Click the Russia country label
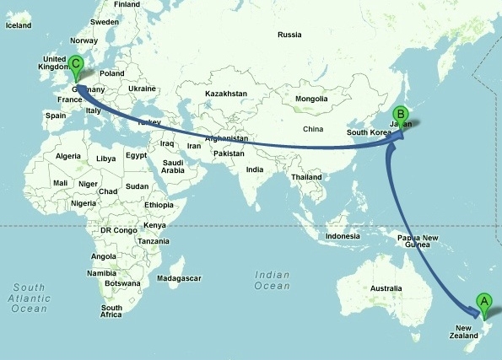[289, 35]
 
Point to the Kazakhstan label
[225, 93]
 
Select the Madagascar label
[181, 277]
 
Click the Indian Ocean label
[273, 280]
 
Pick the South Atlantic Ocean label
[30, 298]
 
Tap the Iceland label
[18, 25]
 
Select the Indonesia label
[343, 235]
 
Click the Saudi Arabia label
[173, 166]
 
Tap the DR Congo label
[118, 230]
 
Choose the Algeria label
[67, 156]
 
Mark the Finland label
[127, 4]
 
